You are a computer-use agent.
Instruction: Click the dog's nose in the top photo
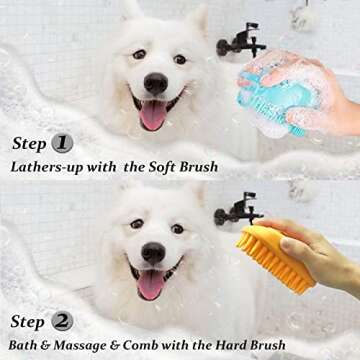tap(156, 84)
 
